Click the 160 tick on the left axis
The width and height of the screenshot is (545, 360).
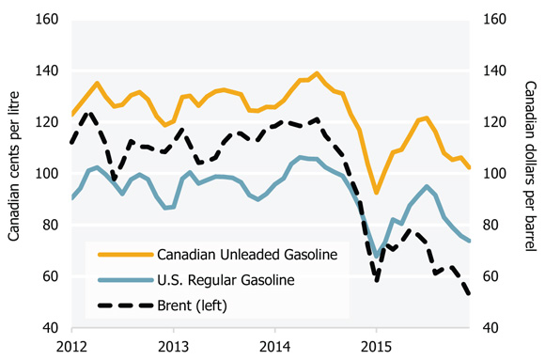[x=48, y=20]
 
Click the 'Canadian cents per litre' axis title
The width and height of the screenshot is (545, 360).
[x=16, y=174]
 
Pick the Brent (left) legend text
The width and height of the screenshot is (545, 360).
[x=194, y=305]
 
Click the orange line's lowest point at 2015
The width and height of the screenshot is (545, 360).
[x=376, y=193]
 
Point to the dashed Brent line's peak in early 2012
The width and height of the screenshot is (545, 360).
[x=89, y=113]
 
